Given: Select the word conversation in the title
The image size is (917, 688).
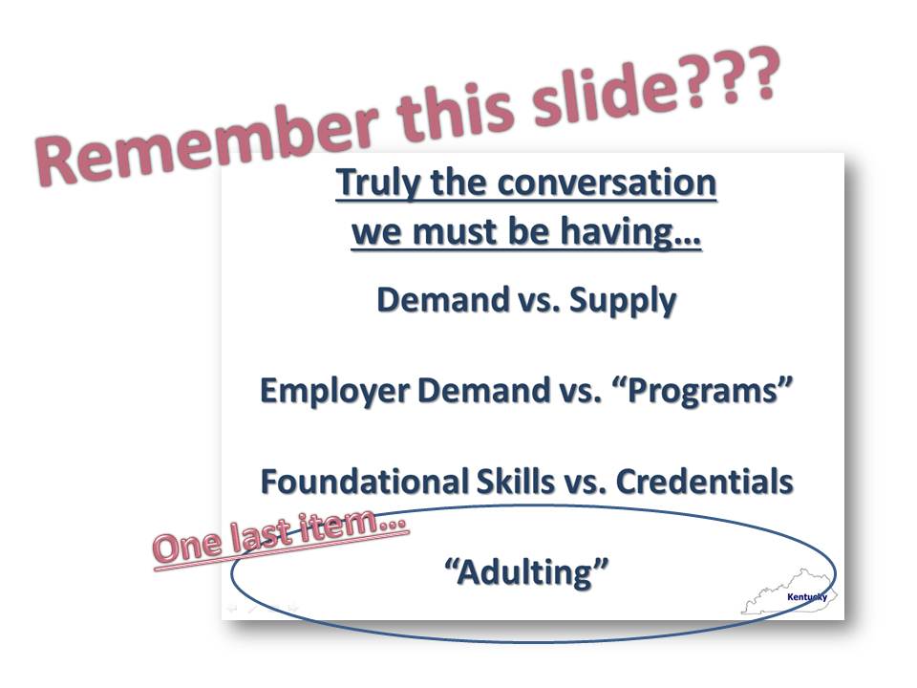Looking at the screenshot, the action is tap(607, 183).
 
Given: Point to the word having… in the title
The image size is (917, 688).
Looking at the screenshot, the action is tap(630, 232).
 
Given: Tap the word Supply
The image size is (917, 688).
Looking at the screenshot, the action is tap(622, 301).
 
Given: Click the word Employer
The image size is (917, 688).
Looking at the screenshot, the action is tap(334, 391).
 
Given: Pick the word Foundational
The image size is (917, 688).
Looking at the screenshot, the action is tap(364, 481).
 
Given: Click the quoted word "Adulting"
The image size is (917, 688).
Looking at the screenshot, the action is tap(526, 571).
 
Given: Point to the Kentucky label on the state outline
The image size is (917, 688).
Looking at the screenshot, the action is tap(807, 596).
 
